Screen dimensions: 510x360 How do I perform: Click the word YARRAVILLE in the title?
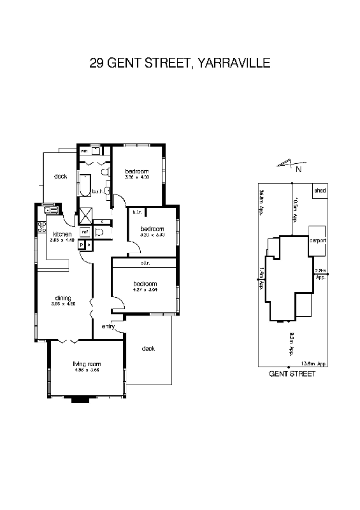tap(235, 63)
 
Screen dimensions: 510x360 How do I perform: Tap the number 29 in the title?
tap(97, 63)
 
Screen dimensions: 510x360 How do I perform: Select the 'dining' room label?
tap(62, 297)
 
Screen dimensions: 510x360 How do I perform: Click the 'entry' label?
tap(108, 327)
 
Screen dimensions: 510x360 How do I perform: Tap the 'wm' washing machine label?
tap(83, 150)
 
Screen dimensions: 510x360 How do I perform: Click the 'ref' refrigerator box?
tap(85, 231)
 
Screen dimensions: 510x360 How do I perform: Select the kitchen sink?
tap(50, 210)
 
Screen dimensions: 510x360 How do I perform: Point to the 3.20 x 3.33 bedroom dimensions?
tap(152, 235)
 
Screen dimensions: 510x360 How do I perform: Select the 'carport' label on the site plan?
tap(317, 240)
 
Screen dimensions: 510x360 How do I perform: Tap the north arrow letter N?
tap(298, 170)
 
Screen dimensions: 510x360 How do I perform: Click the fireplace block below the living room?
tap(81, 400)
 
